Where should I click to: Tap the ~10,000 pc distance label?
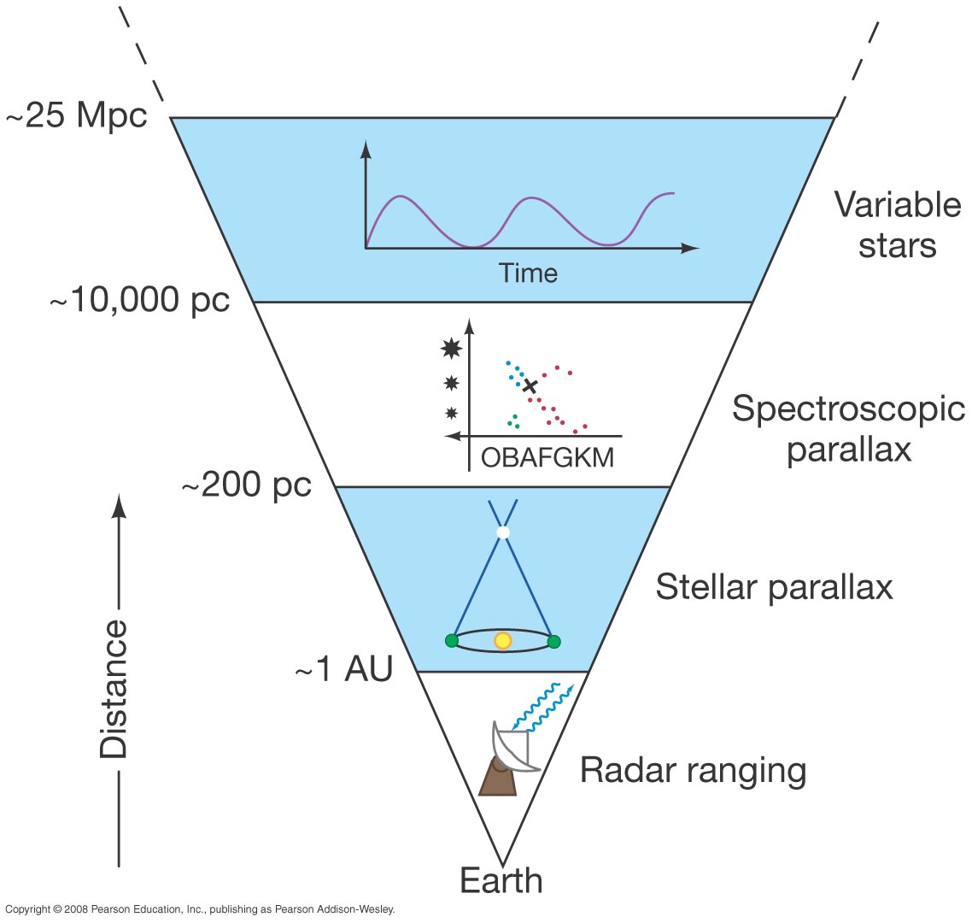140,301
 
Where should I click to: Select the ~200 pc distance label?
246,485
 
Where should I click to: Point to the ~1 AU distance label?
343,671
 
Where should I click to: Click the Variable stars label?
897,225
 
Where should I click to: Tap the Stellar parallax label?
774,588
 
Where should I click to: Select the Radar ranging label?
693,771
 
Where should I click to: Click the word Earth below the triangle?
501,880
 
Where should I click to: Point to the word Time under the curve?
528,273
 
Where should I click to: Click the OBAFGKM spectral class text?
547,457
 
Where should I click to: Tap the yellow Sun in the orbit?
503,641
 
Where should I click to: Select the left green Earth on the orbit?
452,641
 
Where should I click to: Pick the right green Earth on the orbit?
553,641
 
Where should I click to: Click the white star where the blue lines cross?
503,532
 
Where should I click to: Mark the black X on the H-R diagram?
530,386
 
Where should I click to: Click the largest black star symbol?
451,348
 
